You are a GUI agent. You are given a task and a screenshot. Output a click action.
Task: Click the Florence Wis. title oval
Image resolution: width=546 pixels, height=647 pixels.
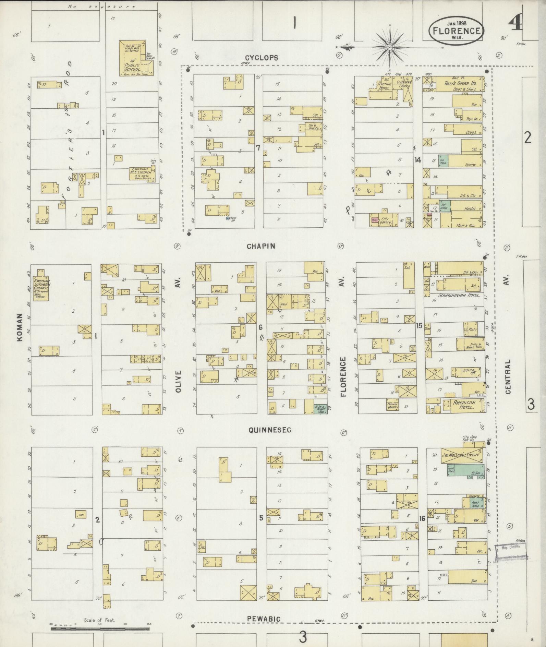tap(456, 30)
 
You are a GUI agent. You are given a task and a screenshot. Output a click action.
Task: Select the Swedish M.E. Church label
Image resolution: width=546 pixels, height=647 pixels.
tap(140, 173)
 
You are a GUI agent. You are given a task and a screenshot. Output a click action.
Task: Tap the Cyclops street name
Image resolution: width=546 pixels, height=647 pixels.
tap(262, 58)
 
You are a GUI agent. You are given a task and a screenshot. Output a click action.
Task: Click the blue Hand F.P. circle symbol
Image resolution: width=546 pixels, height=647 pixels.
tap(227, 218)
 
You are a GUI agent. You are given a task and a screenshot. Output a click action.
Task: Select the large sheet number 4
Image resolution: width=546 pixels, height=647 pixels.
tap(515, 23)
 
